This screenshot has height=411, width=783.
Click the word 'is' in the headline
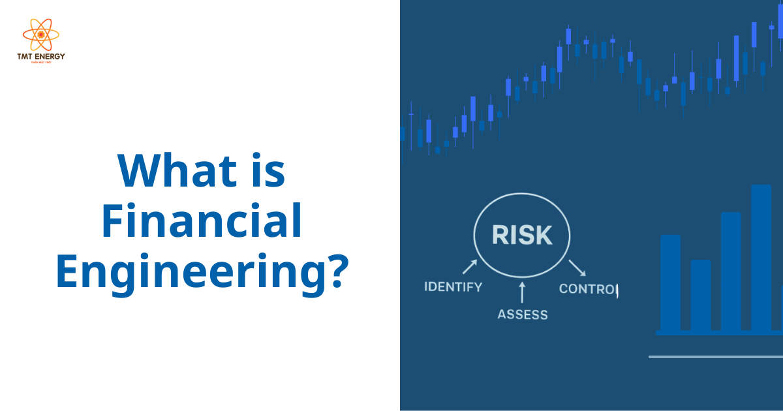(x=268, y=171)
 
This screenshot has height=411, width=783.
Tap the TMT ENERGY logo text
(x=40, y=57)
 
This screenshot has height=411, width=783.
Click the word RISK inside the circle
(x=522, y=235)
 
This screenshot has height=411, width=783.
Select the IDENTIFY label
(x=453, y=286)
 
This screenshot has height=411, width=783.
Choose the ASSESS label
(x=523, y=314)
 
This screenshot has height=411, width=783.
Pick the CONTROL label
(x=587, y=288)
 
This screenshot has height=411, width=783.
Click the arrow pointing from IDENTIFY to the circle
(x=470, y=266)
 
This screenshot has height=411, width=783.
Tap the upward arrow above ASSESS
(x=522, y=292)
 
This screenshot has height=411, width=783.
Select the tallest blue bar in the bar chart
(x=761, y=258)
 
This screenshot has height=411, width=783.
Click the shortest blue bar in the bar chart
(x=700, y=296)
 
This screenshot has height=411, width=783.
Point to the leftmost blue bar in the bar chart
(x=670, y=282)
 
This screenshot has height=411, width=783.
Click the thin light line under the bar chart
(x=715, y=357)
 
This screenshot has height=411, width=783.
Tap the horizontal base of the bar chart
(x=718, y=333)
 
